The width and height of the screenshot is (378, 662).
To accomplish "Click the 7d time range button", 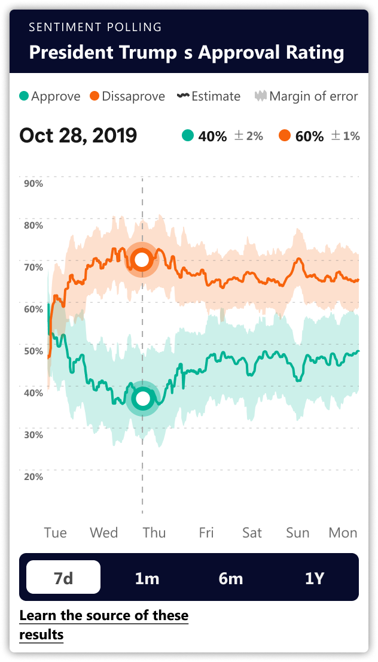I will click(x=63, y=578).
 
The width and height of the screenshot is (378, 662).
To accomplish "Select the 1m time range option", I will click(x=147, y=578).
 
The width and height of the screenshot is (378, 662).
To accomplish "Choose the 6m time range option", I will click(x=230, y=578).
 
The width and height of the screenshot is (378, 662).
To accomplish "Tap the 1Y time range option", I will click(x=315, y=578).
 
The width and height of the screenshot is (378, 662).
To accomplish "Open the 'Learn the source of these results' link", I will click(x=103, y=624).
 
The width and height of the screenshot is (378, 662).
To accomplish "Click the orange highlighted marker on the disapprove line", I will click(x=142, y=260).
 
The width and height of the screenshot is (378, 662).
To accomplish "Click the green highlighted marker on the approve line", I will click(x=142, y=398).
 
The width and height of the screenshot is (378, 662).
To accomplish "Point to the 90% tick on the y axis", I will click(x=33, y=183).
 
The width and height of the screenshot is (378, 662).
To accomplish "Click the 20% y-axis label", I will click(x=33, y=476).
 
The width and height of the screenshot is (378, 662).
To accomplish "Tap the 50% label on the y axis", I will click(x=33, y=351).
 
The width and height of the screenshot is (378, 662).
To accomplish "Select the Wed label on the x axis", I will click(x=103, y=533).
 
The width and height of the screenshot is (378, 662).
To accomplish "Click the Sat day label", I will click(x=252, y=533).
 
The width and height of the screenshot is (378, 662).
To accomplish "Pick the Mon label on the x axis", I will click(x=343, y=533).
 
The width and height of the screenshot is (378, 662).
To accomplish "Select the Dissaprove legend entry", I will click(x=127, y=96).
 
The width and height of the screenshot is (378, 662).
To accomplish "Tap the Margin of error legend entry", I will click(x=306, y=96).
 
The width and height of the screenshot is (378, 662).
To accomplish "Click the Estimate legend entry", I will click(x=209, y=96).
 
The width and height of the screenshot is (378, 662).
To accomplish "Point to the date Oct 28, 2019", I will click(x=78, y=136).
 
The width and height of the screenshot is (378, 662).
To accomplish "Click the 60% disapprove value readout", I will click(x=309, y=136).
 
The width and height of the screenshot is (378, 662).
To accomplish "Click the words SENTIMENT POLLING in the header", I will click(x=95, y=27).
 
